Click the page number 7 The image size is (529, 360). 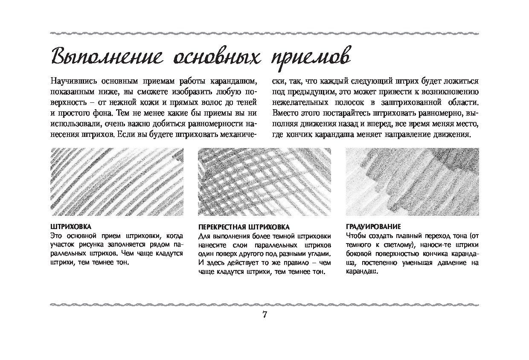click(264, 315)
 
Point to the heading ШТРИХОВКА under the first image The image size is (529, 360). click(71, 226)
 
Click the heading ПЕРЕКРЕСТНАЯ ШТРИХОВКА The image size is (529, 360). click(244, 227)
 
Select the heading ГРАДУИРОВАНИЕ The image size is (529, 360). click(373, 226)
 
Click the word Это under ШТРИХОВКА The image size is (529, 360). click(56, 235)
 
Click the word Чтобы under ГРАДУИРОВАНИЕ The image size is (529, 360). click(355, 235)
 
